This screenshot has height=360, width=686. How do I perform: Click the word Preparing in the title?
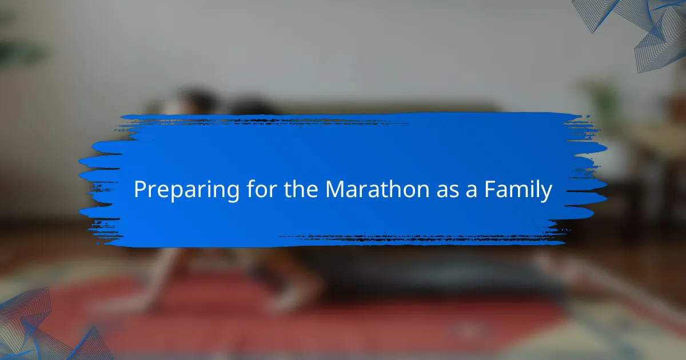(186, 190)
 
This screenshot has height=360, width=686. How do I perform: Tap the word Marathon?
(377, 189)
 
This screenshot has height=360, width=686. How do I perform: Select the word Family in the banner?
(518, 190)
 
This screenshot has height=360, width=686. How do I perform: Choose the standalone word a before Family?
(471, 191)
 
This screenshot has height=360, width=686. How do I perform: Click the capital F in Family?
(490, 189)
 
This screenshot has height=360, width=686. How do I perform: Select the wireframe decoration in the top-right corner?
(637, 31)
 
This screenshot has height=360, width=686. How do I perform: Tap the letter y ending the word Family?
(545, 194)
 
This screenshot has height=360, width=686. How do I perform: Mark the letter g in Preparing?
(232, 194)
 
